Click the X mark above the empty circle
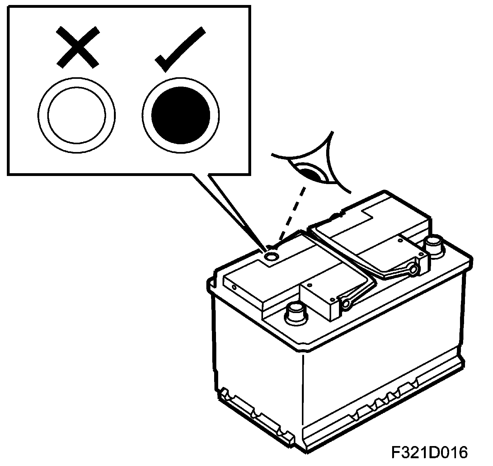tap(78, 47)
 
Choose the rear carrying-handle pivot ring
tap(413, 270)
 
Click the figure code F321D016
tap(430, 453)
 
